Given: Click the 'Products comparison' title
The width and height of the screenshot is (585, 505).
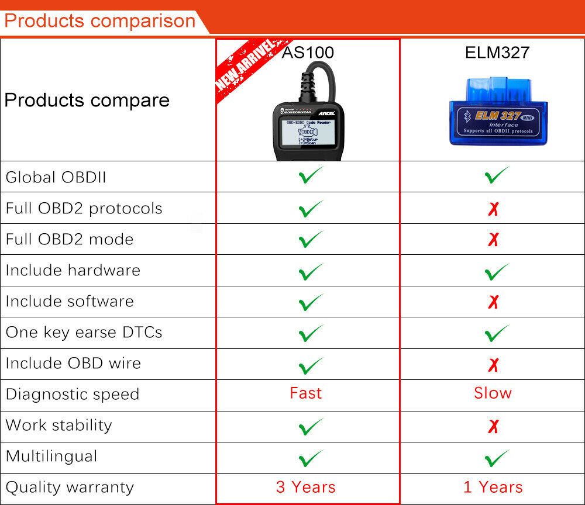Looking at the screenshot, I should click(x=99, y=21).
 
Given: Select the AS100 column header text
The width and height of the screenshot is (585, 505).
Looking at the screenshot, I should click(x=308, y=53).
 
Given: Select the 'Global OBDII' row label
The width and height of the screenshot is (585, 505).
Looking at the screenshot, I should click(x=56, y=177).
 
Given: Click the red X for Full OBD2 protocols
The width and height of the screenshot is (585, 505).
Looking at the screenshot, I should click(x=493, y=209).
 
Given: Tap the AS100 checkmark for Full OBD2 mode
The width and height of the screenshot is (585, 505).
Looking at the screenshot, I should click(x=311, y=239).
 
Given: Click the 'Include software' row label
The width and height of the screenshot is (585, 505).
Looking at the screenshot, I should click(x=70, y=302).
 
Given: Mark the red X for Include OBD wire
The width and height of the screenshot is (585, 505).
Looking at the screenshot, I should click(x=493, y=365).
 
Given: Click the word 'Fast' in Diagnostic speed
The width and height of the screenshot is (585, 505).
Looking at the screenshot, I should click(x=306, y=393).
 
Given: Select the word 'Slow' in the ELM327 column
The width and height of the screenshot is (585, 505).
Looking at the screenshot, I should click(x=493, y=393).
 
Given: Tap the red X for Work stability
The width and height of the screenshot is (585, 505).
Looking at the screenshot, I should click(x=493, y=427).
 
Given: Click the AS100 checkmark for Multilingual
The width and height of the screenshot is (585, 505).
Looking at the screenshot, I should click(x=311, y=458).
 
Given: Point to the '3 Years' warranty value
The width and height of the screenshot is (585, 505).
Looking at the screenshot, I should click(x=306, y=487).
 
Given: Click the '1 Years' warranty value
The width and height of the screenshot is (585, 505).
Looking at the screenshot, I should click(x=493, y=487).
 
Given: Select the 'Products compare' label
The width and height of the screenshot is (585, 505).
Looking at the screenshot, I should click(x=87, y=100).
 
